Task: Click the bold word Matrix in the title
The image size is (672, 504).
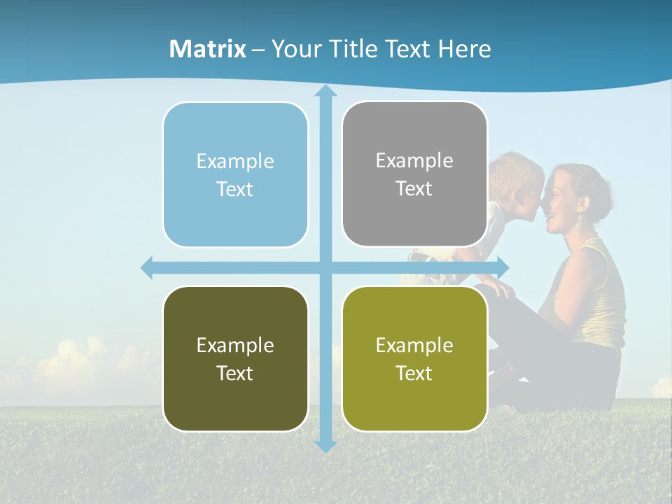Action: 207,49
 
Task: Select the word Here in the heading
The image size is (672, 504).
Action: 464,49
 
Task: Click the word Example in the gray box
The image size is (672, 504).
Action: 414,161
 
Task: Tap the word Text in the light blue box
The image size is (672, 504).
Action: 234,190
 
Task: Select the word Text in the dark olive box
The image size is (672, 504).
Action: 234,374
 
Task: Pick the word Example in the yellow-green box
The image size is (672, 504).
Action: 414,345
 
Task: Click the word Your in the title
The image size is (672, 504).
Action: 295,49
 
